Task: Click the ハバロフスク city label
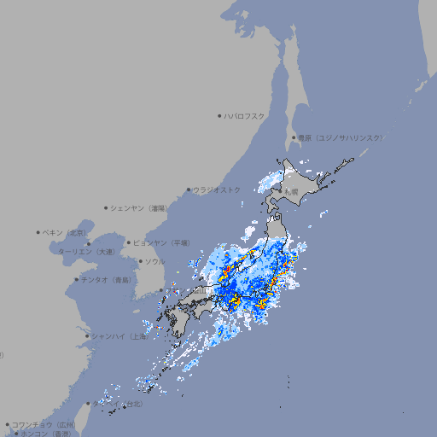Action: (245, 116)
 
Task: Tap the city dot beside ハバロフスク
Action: (220, 116)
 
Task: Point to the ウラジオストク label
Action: (217, 189)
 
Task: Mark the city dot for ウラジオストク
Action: (189, 189)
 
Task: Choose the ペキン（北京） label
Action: (66, 232)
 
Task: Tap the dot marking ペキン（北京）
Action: (38, 232)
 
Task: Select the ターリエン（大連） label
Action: (86, 252)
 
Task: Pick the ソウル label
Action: (154, 261)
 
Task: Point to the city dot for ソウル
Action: (140, 261)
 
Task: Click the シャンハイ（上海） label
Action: (119, 336)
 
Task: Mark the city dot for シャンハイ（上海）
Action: (87, 336)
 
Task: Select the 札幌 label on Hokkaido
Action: (292, 191)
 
